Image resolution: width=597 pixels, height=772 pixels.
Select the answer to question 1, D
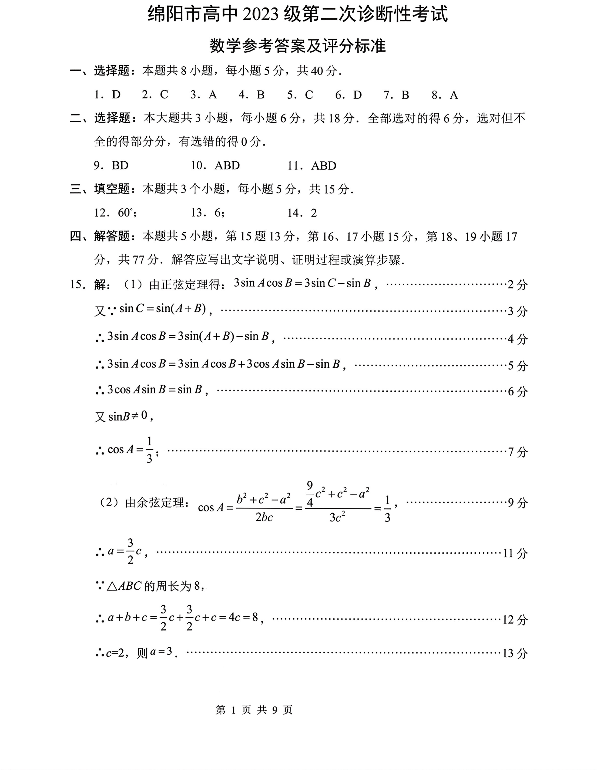tap(116, 95)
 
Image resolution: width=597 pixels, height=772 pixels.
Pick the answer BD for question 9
tap(120, 165)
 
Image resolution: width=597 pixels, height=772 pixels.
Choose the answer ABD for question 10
tap(227, 165)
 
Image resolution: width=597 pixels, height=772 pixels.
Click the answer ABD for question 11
tap(324, 165)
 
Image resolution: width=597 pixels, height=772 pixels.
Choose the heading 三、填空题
tap(100, 189)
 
